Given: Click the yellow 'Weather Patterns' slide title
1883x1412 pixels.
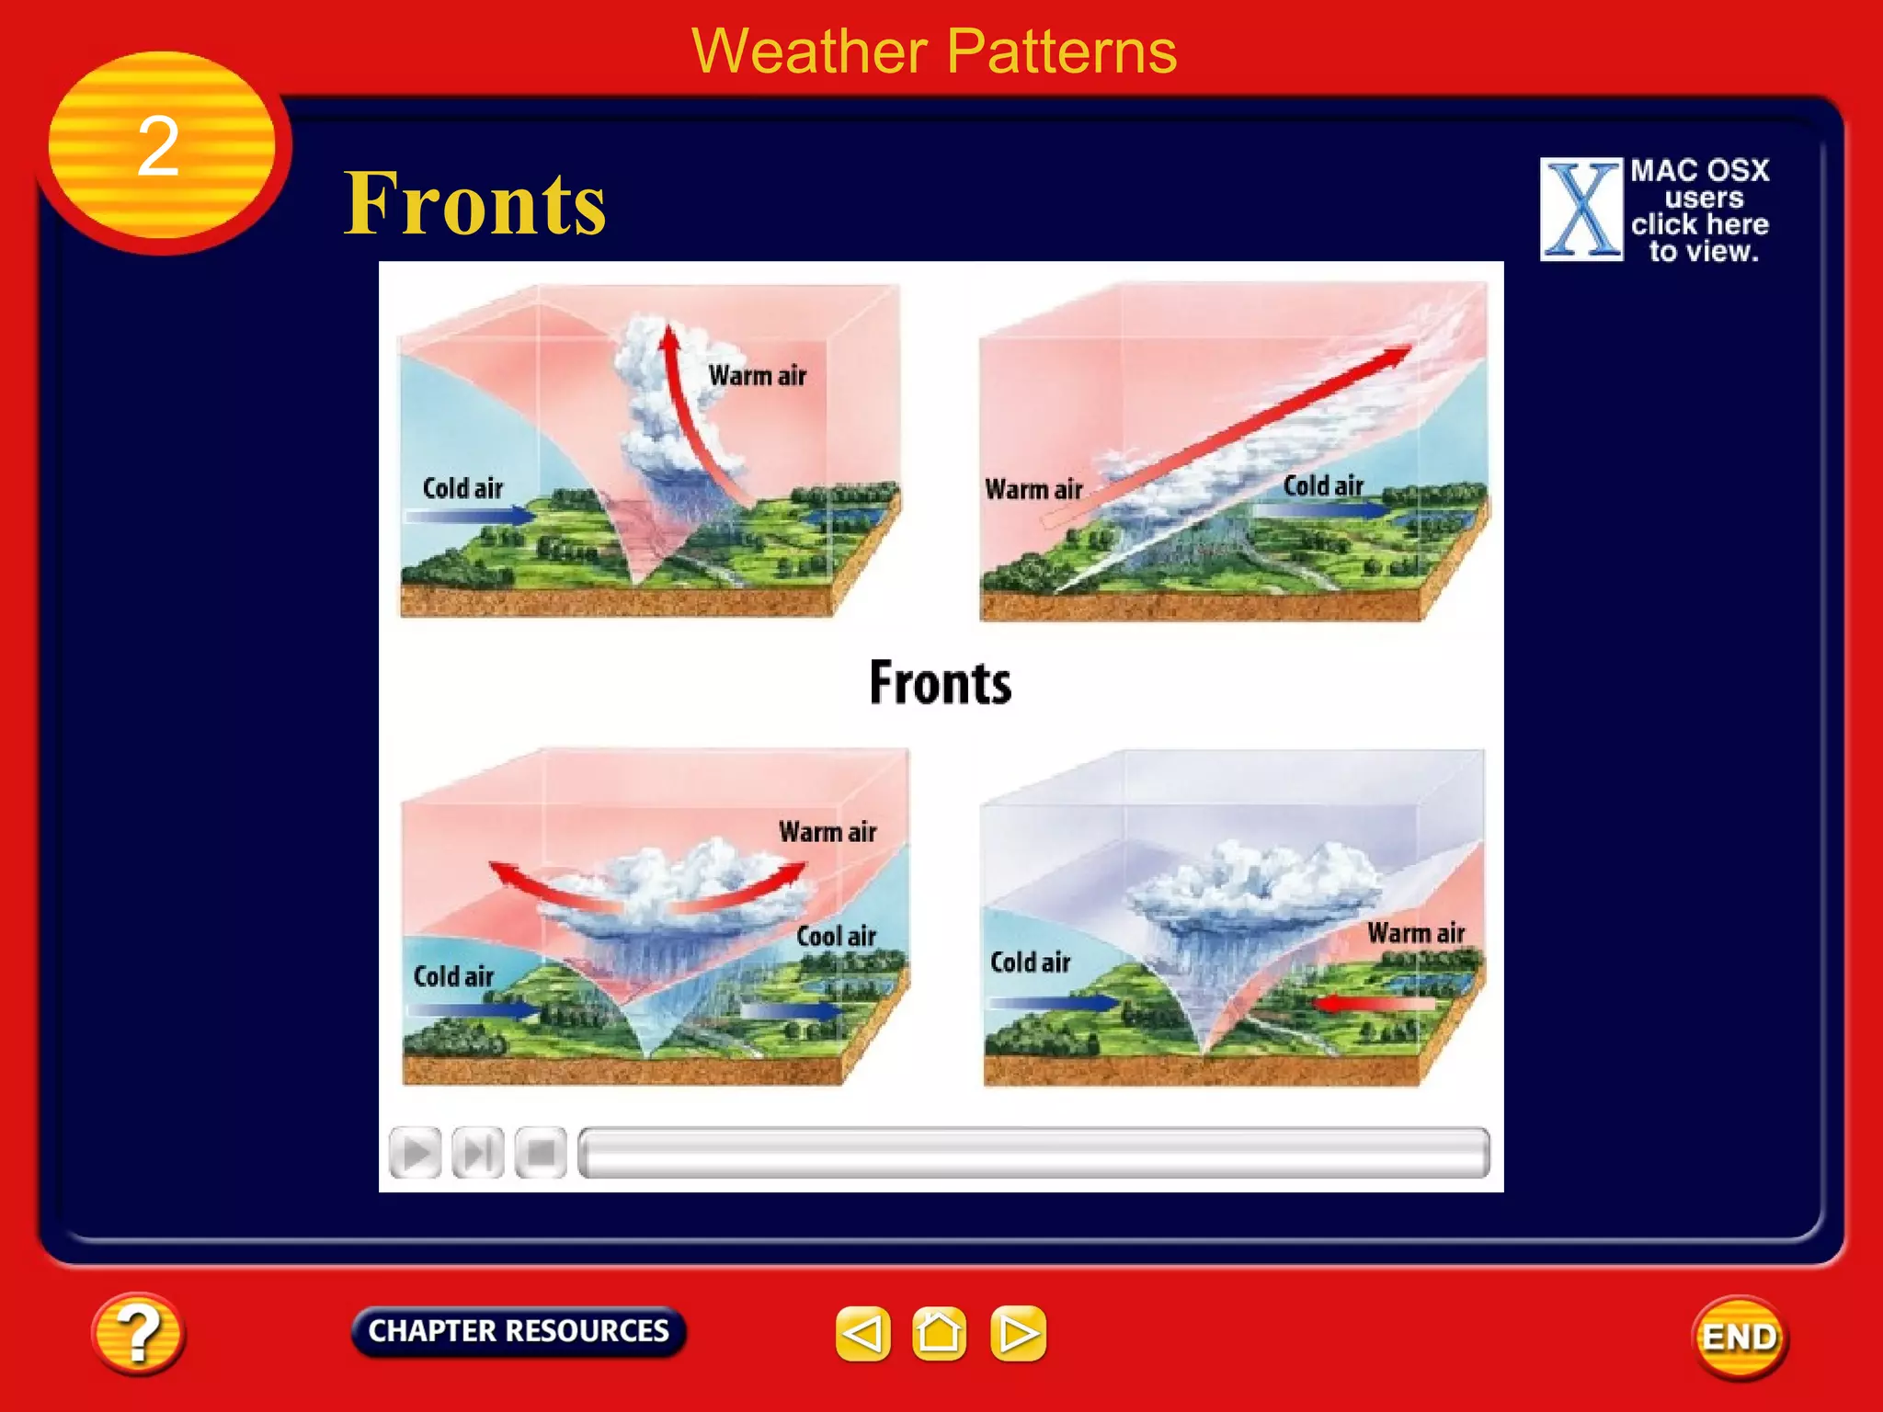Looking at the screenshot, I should tap(933, 51).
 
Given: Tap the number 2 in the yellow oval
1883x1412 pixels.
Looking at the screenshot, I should tap(158, 147).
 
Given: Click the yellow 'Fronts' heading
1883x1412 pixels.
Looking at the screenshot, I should tap(474, 204).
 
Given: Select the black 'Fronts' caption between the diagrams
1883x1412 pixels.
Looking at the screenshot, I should tap(940, 683).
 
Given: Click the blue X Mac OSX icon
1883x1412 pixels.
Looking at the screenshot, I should tap(1581, 210).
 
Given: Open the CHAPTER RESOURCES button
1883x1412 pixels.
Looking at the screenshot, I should tap(519, 1331).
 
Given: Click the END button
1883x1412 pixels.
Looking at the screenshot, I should tap(1739, 1337).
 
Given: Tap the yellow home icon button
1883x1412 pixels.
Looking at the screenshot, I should tap(939, 1333).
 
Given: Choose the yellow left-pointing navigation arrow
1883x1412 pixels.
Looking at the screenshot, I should tap(862, 1333).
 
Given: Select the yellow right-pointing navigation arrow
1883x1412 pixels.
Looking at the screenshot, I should tap(1018, 1333).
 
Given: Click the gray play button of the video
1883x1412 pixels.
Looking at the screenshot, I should tap(416, 1152).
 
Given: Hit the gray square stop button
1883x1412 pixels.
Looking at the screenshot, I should tap(541, 1152).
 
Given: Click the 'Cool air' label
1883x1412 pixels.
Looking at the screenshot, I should tap(836, 936).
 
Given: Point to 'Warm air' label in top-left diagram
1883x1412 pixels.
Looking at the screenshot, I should tap(757, 376).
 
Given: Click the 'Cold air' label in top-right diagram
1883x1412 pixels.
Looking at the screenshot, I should tap(1322, 485).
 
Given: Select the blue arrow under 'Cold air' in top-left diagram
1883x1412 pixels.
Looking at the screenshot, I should tap(469, 516).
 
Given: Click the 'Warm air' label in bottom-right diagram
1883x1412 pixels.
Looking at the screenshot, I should tap(1415, 933).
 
